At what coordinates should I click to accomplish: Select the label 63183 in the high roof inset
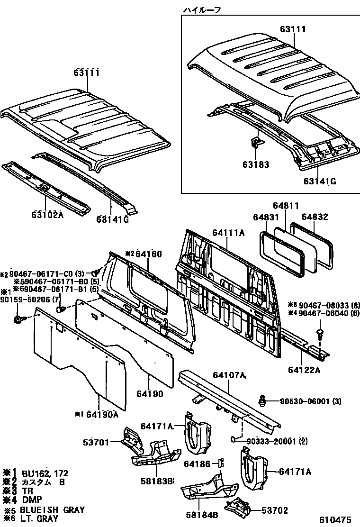(256, 165)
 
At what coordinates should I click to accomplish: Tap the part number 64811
(286, 206)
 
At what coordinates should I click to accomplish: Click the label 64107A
(229, 375)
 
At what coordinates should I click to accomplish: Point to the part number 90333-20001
(271, 441)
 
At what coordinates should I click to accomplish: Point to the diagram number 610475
(337, 520)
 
